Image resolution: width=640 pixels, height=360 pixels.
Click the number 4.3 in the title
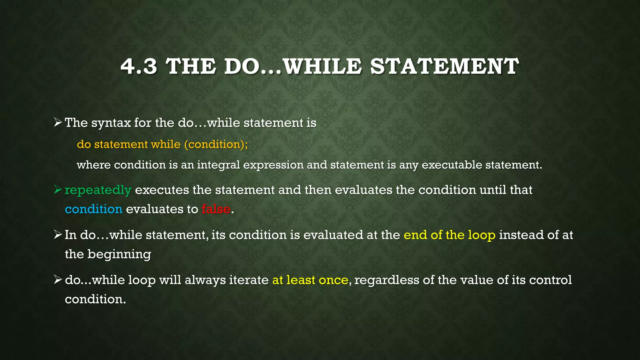tap(138, 67)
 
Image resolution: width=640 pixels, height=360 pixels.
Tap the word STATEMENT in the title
tap(444, 67)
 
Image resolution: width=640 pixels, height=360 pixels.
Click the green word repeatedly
tap(98, 190)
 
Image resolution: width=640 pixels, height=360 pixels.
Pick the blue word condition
tap(93, 209)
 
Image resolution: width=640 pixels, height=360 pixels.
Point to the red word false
tap(216, 209)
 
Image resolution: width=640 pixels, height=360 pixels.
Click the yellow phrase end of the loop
tap(449, 235)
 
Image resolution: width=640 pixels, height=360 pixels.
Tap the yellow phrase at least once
tap(310, 280)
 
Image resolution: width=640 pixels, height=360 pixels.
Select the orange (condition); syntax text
tap(216, 144)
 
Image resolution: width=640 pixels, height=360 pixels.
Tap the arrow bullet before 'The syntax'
tap(58, 122)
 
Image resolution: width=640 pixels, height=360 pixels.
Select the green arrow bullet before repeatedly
tap(58, 189)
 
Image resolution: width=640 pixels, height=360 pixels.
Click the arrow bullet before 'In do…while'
tap(58, 234)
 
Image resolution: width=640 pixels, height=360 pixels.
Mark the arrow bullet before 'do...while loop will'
tap(58, 279)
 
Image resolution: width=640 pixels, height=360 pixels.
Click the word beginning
tap(119, 254)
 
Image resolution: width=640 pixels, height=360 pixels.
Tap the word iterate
tap(249, 280)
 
